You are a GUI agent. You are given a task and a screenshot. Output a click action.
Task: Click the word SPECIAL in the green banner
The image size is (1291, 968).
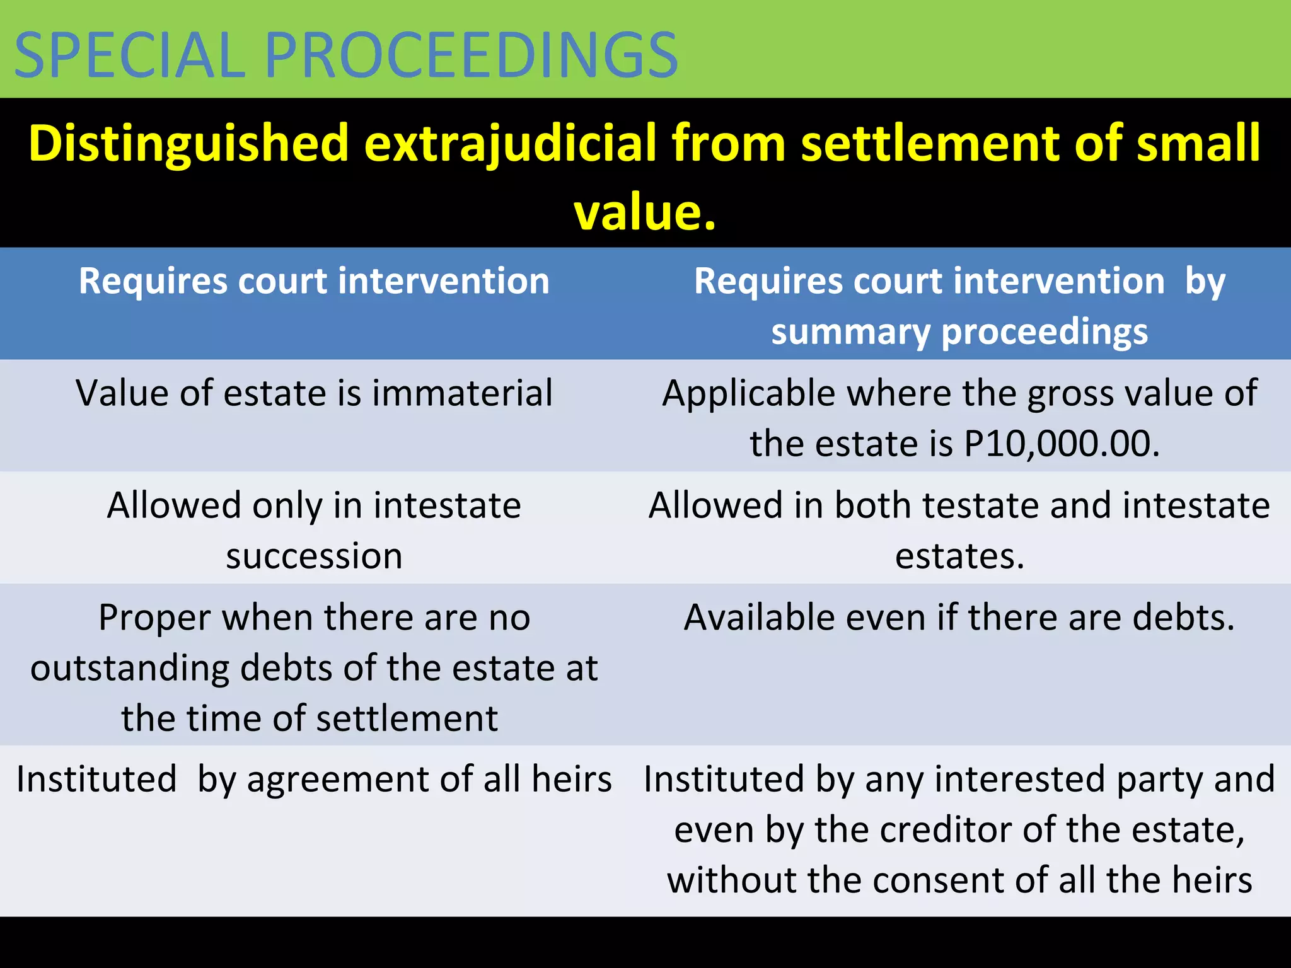tap(130, 55)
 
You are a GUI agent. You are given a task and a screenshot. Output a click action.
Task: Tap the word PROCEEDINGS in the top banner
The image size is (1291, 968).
tap(472, 55)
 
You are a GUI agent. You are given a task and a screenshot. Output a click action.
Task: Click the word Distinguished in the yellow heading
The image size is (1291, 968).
tap(188, 143)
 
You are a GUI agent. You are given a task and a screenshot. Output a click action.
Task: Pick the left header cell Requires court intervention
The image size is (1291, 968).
tap(314, 281)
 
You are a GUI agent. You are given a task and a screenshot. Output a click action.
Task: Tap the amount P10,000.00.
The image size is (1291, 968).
tap(1062, 444)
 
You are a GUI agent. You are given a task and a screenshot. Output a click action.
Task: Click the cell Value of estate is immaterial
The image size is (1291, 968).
tap(314, 394)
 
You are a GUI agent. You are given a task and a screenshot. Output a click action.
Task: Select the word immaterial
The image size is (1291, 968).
tap(463, 394)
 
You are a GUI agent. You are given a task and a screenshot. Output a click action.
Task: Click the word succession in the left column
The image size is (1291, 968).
tap(314, 556)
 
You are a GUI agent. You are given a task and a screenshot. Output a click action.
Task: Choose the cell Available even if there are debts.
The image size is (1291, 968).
tap(959, 618)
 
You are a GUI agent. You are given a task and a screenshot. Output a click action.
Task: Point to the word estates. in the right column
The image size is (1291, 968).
tap(959, 556)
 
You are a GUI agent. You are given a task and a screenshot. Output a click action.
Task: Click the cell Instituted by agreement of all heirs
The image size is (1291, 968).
tap(314, 780)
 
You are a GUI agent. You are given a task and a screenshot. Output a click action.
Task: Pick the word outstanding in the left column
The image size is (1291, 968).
tap(130, 668)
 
